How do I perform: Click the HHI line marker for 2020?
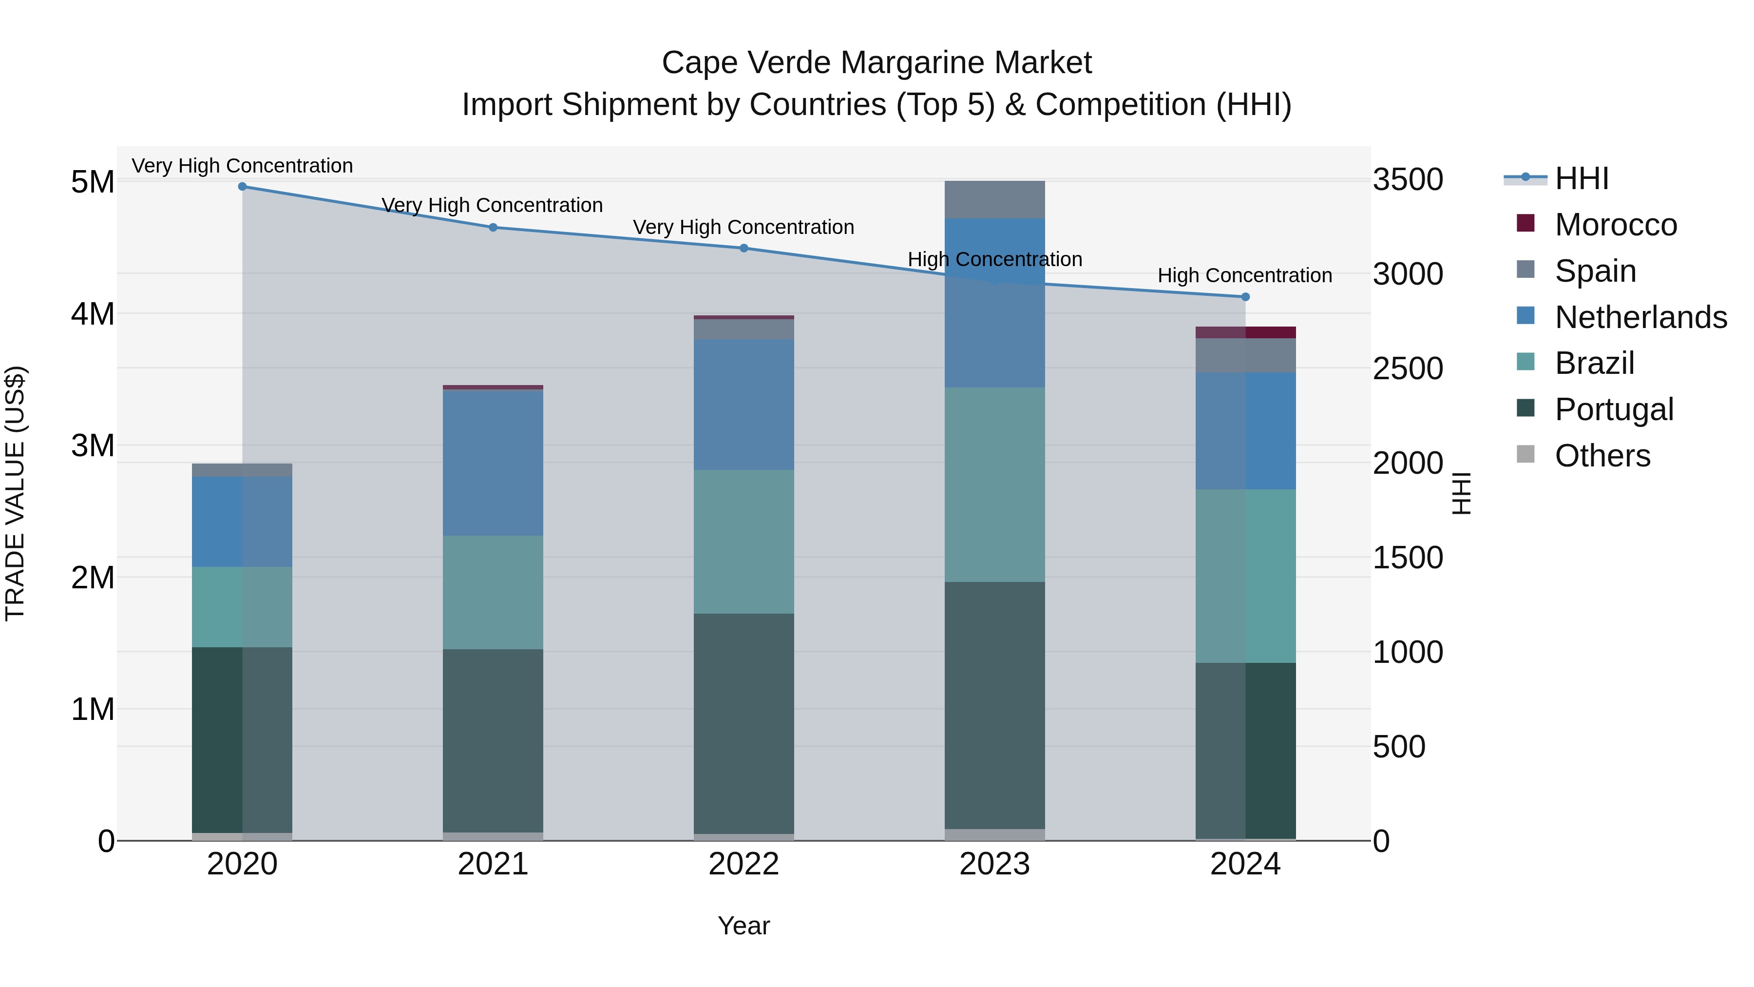coord(243,186)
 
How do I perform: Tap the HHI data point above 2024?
coord(1245,296)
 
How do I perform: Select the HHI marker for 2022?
coord(744,248)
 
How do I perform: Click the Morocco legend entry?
coord(1615,225)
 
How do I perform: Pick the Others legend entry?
coord(1602,456)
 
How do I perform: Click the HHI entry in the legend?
coord(1581,178)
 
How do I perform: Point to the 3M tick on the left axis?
coord(93,446)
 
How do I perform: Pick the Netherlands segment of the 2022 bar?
coord(744,405)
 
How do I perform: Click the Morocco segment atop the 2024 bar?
coord(1245,332)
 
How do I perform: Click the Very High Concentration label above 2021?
coord(492,205)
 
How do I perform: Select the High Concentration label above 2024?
coord(1245,275)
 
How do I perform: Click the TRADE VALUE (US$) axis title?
coord(15,493)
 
